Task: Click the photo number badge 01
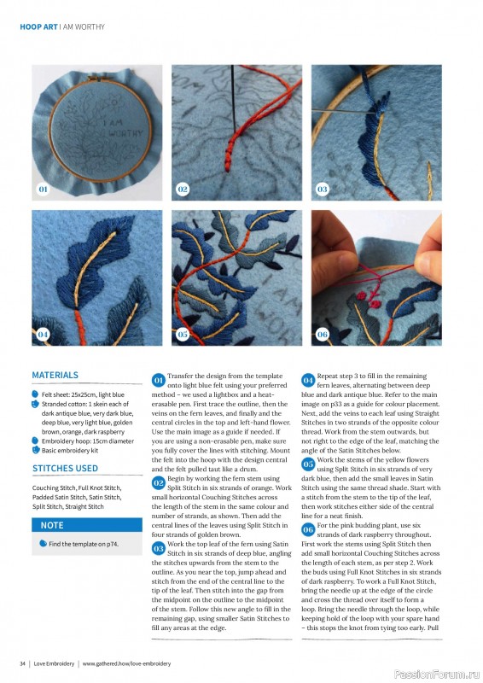(43, 188)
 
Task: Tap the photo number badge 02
(183, 188)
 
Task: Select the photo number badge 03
(322, 188)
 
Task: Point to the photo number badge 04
(43, 334)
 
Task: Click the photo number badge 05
(183, 334)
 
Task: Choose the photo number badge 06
(322, 334)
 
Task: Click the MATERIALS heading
(55, 375)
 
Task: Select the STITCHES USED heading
(65, 469)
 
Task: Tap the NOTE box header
(52, 525)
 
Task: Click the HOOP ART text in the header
(38, 27)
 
